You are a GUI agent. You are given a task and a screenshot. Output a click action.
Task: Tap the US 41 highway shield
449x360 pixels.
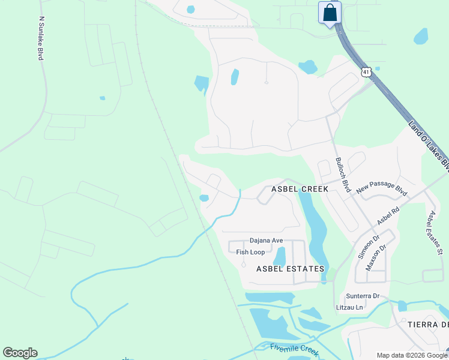(366, 72)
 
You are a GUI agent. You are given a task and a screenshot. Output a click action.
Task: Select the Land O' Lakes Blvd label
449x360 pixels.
(429, 145)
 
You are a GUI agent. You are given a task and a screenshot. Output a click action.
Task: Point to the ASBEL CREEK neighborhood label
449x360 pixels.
(300, 188)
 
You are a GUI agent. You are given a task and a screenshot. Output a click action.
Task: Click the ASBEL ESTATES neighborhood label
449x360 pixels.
(290, 269)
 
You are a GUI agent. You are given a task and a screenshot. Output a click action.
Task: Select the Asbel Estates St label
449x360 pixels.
(434, 233)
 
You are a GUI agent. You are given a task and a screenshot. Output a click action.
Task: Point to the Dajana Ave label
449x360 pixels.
(266, 241)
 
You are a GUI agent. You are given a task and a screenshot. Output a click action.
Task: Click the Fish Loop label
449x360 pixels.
(250, 252)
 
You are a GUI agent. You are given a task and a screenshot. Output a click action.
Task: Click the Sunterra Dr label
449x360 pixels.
(363, 296)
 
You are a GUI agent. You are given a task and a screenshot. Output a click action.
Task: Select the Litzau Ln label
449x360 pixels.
(349, 308)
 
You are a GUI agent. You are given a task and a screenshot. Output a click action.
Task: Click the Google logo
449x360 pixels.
(20, 353)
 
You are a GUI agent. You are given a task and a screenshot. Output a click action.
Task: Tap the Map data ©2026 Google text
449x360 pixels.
(412, 355)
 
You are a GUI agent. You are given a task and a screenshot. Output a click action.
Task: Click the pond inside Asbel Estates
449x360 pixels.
(279, 256)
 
